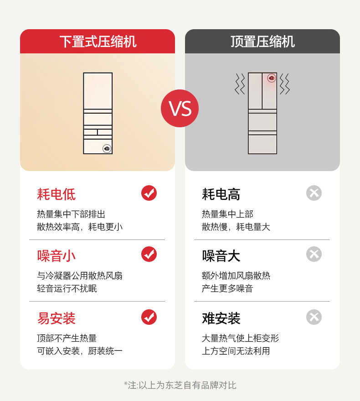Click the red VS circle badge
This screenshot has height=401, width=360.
180,109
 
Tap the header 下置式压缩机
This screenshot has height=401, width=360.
98,42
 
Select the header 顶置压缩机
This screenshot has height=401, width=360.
262,42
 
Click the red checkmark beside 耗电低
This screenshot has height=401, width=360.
149,193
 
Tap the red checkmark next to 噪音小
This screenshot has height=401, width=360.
149,254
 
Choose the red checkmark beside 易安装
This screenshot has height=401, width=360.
149,317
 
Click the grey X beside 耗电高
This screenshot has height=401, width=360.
314,193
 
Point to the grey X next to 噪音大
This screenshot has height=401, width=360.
314,254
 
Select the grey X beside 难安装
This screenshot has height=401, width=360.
314,317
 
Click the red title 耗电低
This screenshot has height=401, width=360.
56,194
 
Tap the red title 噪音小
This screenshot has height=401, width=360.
56,256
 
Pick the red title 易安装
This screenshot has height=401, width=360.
56,318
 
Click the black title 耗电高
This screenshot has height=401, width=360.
221,194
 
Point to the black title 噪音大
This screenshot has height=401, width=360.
221,256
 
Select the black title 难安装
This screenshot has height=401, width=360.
221,318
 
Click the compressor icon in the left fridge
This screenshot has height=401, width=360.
107,148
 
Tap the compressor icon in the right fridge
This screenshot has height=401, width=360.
272,78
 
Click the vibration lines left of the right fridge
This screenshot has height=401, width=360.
240,84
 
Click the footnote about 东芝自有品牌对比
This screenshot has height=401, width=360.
180,385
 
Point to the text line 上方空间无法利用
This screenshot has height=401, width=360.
236,351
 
